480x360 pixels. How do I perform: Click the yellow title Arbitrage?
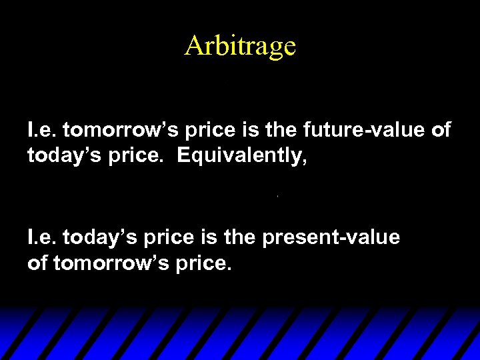[240, 46]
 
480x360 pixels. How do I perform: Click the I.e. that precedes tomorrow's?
[42, 130]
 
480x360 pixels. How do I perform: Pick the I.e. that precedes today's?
[42, 237]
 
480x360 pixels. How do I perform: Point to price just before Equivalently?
[123, 156]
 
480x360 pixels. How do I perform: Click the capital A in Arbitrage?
[193, 46]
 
